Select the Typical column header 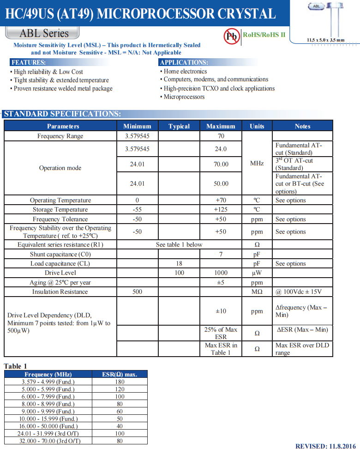click(179, 126)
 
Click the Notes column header click(302, 126)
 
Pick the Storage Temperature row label click(60, 210)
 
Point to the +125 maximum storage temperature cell click(221, 210)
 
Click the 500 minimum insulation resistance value click(137, 291)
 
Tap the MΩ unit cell click(257, 291)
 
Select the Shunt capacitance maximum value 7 click(221, 254)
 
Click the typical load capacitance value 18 click(179, 263)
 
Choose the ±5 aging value click(221, 282)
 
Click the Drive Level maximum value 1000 click(221, 273)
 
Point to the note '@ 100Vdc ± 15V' click(298, 291)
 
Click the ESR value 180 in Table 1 click(120, 382)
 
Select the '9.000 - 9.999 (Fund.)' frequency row click(48, 411)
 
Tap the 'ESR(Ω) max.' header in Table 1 click(120, 374)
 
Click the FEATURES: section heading click(29, 62)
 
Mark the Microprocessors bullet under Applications click(184, 97)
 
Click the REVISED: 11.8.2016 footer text click(326, 446)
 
